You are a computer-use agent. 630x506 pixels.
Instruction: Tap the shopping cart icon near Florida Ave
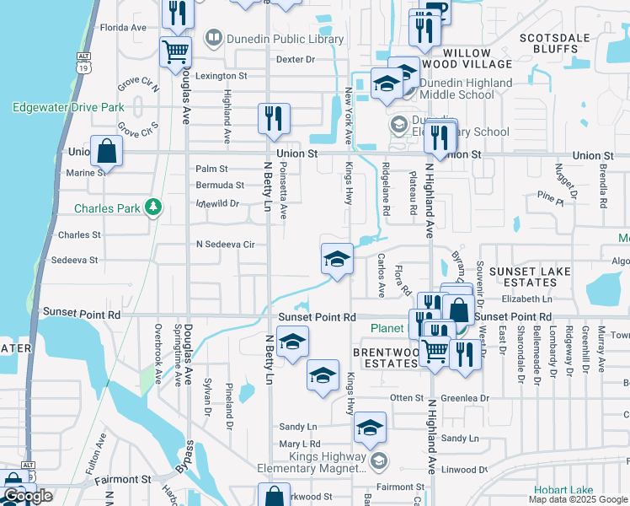(175, 51)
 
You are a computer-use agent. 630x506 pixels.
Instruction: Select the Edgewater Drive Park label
(68, 107)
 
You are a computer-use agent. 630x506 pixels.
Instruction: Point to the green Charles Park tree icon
(152, 207)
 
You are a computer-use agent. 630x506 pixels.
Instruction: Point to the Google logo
(27, 496)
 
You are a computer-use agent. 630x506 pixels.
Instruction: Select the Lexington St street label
(221, 75)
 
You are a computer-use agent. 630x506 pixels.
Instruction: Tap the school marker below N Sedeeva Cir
(337, 259)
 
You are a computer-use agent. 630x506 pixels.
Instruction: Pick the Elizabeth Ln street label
(526, 299)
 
